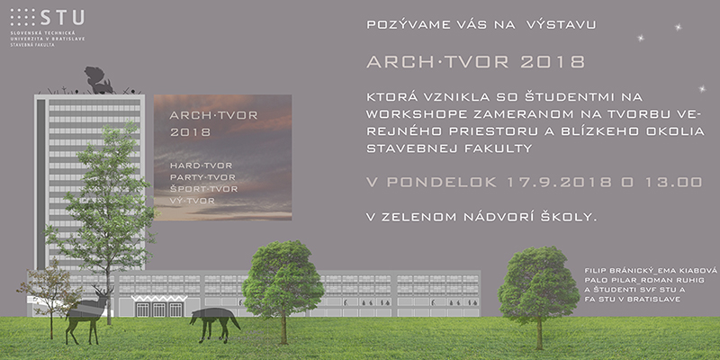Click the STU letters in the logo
(62, 17)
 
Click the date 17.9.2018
(559, 183)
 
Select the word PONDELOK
(441, 183)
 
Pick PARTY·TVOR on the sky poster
(202, 177)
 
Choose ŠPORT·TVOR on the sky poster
(204, 189)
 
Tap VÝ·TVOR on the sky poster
(192, 201)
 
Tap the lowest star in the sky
(702, 89)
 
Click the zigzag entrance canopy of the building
(159, 299)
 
